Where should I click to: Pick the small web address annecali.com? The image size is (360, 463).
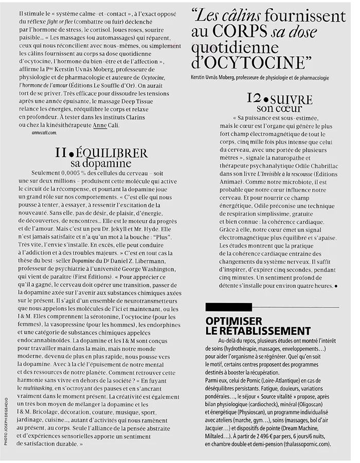44,132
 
